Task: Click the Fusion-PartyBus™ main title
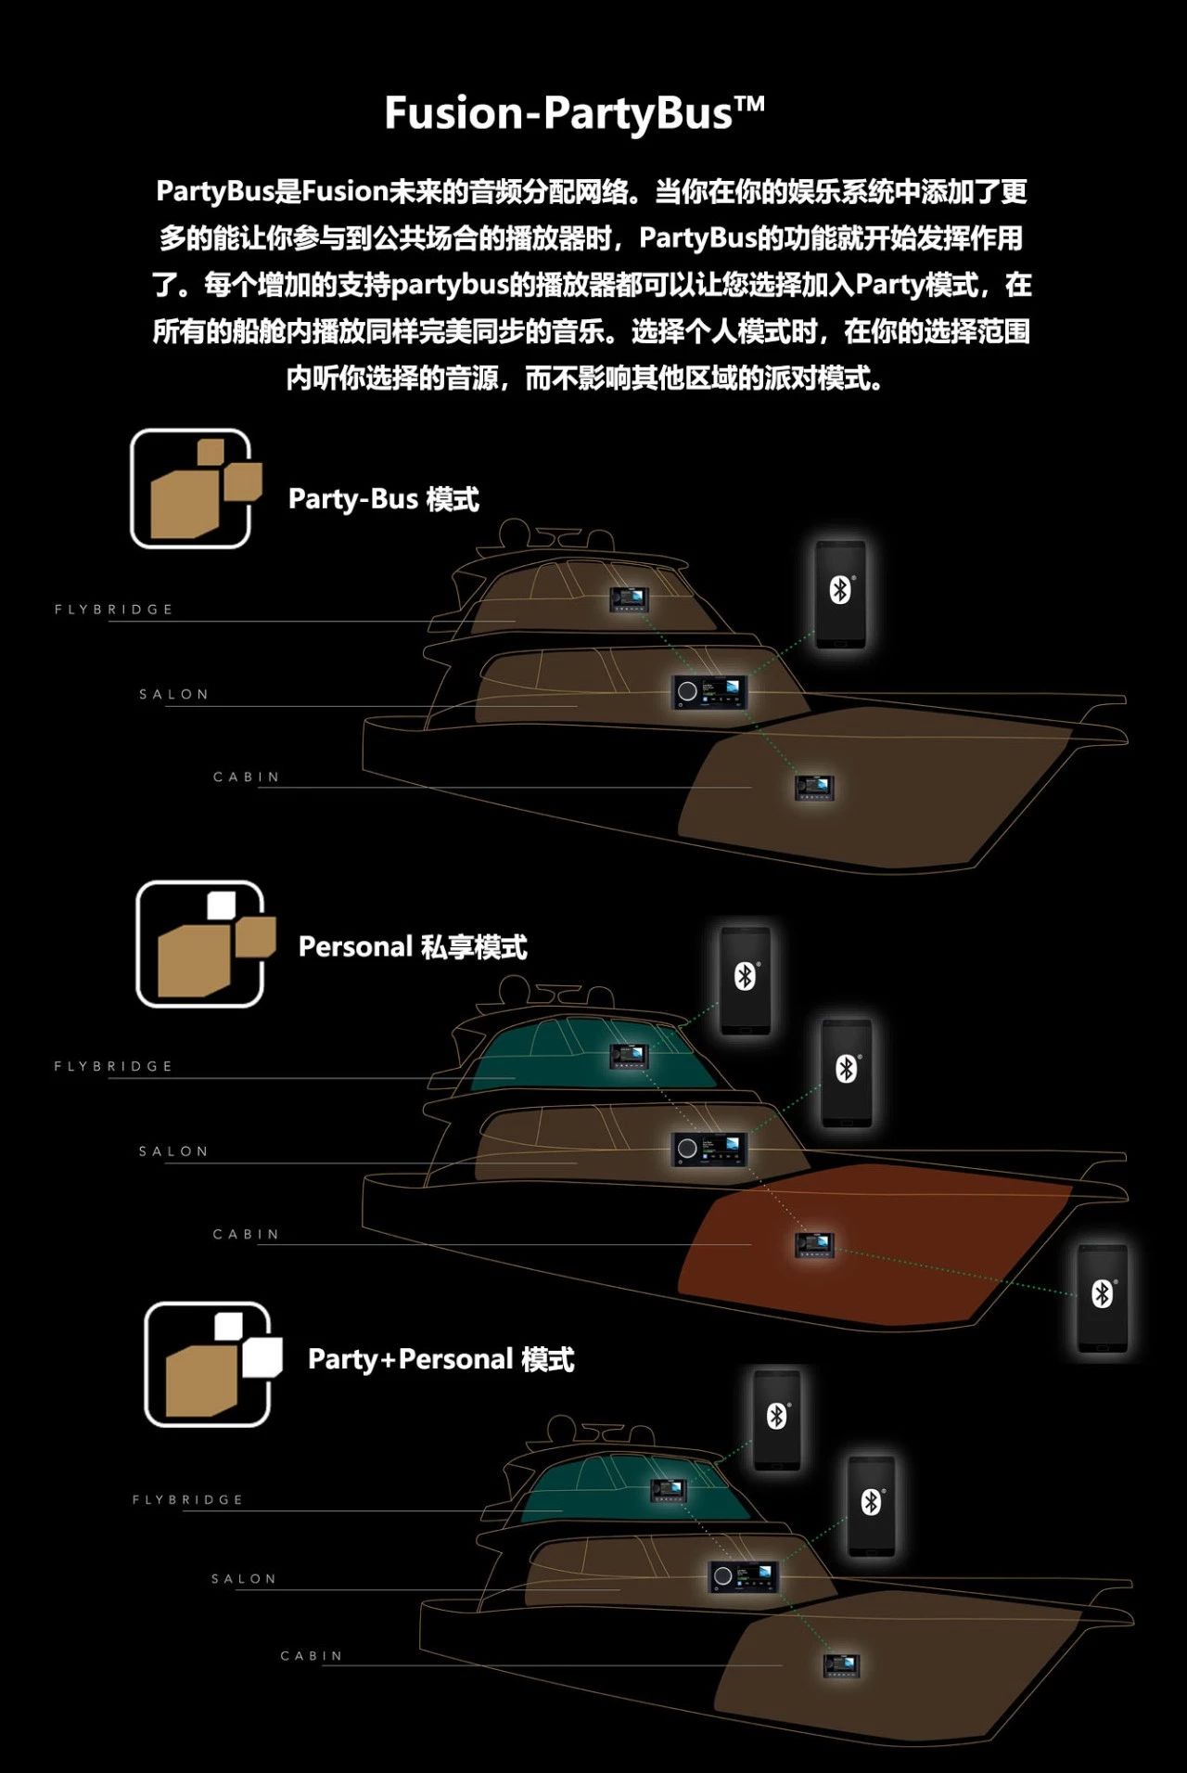(x=575, y=113)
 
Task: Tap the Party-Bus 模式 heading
(x=384, y=499)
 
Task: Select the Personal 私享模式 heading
(x=413, y=947)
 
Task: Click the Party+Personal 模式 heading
(x=441, y=1359)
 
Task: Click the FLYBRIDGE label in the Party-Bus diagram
(x=114, y=610)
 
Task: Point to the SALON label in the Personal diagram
(x=173, y=1151)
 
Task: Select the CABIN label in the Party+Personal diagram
(x=312, y=1656)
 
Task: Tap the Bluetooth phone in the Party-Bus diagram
(x=840, y=595)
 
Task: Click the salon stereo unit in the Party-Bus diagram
(x=709, y=692)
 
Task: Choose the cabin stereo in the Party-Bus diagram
(x=814, y=787)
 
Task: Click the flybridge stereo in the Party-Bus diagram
(x=629, y=598)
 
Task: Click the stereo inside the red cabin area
(x=814, y=1245)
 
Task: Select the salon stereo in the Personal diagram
(x=709, y=1150)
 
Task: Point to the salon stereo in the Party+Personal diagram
(x=743, y=1575)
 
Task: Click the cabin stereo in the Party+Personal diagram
(x=842, y=1665)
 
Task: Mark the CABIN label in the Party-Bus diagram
(x=246, y=777)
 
